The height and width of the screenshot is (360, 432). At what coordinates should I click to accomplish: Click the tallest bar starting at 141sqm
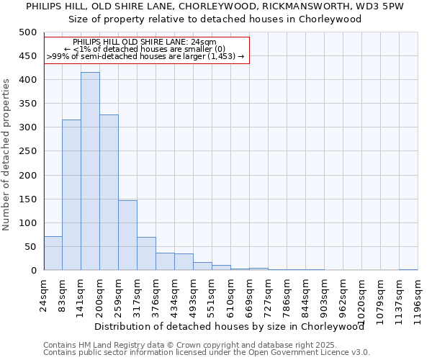coord(90,171)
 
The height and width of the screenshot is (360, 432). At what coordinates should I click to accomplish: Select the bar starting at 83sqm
coord(71,195)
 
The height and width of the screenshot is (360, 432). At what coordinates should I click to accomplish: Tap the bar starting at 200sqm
coord(109,192)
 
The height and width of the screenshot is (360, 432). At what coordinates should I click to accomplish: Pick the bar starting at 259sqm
coord(127,235)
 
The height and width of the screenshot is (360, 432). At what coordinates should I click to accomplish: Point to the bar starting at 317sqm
coord(146,253)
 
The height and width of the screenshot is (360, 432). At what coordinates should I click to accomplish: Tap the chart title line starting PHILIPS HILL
coord(215,6)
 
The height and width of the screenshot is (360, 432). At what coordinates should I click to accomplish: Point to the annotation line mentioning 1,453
coord(145,56)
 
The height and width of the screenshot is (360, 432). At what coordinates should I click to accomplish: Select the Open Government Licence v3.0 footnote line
coord(207,352)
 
